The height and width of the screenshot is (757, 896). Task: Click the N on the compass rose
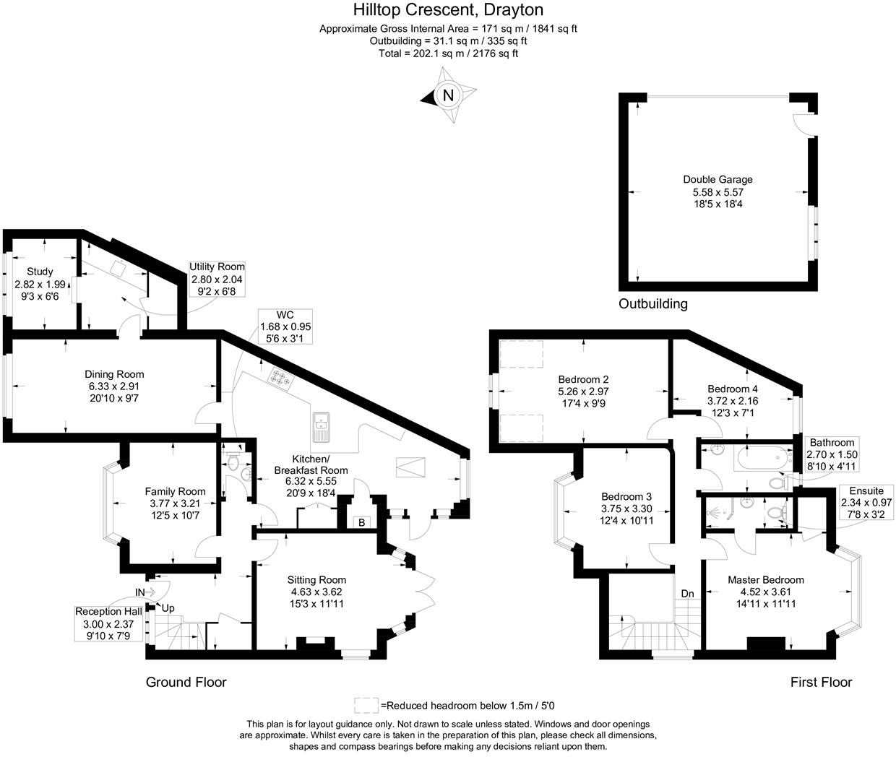point(448,95)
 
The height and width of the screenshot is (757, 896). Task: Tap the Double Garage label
point(718,179)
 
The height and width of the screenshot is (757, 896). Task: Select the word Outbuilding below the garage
point(652,304)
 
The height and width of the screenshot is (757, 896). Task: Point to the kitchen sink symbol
point(320,427)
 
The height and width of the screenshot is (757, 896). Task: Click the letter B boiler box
point(361,522)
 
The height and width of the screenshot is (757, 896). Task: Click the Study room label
point(40,272)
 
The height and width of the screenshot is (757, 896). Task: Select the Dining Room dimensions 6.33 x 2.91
point(114,386)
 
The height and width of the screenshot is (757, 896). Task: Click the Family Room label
point(175,491)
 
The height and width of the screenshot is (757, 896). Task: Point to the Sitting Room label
point(316,580)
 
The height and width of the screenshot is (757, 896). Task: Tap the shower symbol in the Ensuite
point(719,513)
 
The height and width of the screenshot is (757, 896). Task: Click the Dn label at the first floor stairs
point(687,594)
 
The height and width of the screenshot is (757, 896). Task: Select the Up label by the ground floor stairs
point(168,608)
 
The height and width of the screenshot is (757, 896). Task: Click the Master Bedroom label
point(765,580)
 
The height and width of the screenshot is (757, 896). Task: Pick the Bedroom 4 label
point(733,389)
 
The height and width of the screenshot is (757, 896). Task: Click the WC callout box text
point(285,326)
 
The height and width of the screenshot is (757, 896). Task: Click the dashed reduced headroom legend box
point(366,706)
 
